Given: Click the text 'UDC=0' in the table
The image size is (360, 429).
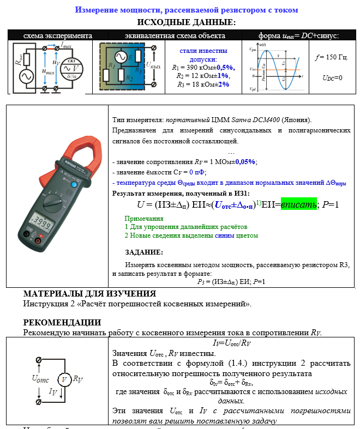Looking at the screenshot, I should click(x=332, y=77).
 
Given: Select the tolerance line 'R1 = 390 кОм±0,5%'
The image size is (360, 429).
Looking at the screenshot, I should click(x=203, y=67).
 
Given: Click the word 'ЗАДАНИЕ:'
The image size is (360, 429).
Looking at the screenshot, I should click(x=143, y=252).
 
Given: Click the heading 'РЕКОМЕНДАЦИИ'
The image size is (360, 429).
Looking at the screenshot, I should click(x=62, y=322).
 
